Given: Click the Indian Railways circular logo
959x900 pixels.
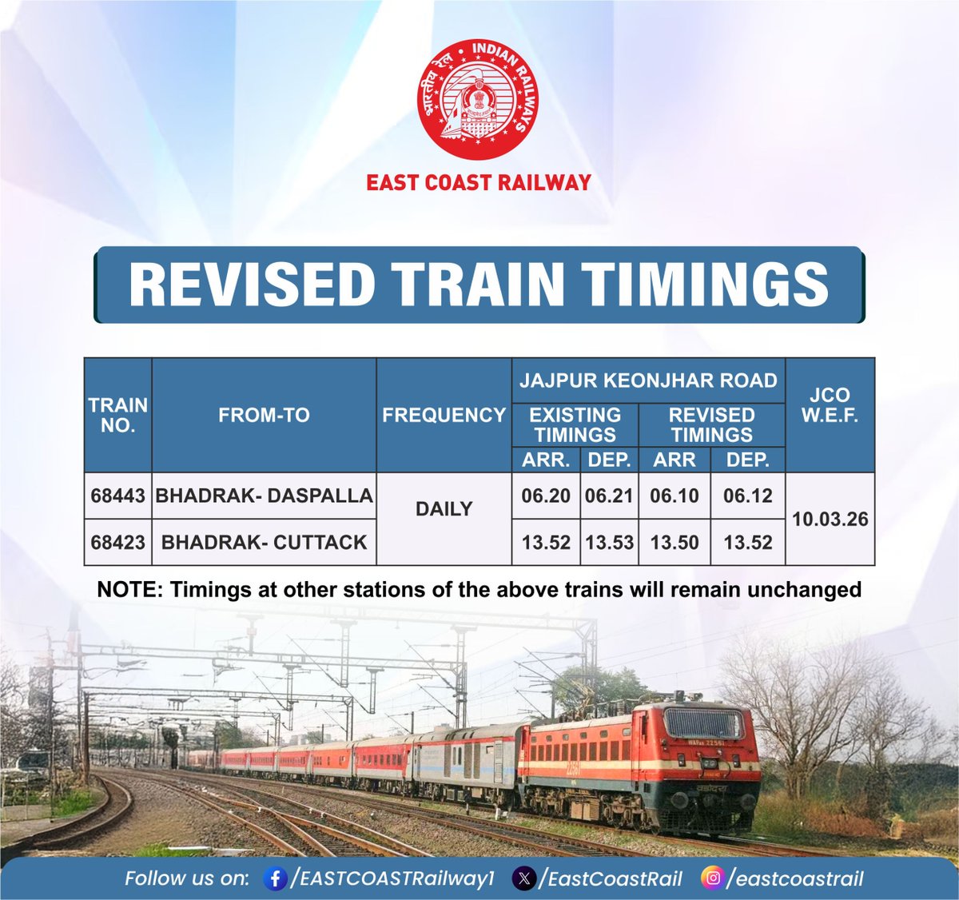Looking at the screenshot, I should pyautogui.click(x=478, y=99).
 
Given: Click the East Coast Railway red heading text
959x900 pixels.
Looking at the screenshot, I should pyautogui.click(x=478, y=182).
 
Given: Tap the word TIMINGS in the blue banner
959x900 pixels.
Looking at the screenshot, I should pyautogui.click(x=704, y=284).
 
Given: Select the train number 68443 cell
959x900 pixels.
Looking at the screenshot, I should pyautogui.click(x=117, y=496).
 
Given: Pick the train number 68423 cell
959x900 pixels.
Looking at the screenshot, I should pyautogui.click(x=117, y=542).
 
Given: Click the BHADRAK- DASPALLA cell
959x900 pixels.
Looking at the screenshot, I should pyautogui.click(x=264, y=496).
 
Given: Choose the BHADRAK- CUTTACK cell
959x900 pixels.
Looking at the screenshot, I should pyautogui.click(x=264, y=542).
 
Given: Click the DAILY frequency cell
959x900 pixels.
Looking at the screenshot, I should pyautogui.click(x=444, y=509).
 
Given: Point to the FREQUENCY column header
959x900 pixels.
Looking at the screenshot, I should pyautogui.click(x=444, y=416).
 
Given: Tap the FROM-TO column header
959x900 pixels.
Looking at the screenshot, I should pyautogui.click(x=264, y=416).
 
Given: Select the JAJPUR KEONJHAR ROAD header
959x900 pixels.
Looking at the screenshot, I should pyautogui.click(x=648, y=380).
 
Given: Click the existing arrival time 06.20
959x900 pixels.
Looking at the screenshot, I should pyautogui.click(x=546, y=496).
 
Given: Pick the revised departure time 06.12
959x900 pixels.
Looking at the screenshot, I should pyautogui.click(x=747, y=496).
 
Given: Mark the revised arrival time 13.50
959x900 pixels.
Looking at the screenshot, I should pyautogui.click(x=674, y=542).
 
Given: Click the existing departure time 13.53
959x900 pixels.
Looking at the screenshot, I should pyautogui.click(x=609, y=542).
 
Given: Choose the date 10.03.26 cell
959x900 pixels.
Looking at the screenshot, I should pyautogui.click(x=830, y=520).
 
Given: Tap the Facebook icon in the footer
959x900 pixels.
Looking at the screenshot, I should pyautogui.click(x=275, y=878).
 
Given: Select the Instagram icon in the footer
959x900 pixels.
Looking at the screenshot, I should pyautogui.click(x=711, y=878).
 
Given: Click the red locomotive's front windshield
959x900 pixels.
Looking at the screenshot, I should pyautogui.click(x=703, y=724).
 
